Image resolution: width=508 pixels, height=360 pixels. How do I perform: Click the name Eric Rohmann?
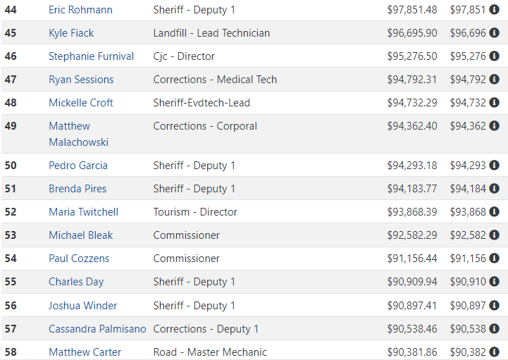pyautogui.click(x=80, y=10)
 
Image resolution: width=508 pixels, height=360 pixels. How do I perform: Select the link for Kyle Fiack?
pyautogui.click(x=71, y=33)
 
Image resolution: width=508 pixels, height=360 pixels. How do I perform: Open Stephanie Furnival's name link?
pyautogui.click(x=92, y=56)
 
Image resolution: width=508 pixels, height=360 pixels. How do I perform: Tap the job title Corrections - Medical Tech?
pyautogui.click(x=215, y=80)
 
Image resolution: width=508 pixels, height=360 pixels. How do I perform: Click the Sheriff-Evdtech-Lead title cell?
pyautogui.click(x=202, y=103)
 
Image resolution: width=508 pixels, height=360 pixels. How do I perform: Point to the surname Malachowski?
pyautogui.click(x=79, y=142)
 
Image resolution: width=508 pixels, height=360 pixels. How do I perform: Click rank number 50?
pyautogui.click(x=11, y=166)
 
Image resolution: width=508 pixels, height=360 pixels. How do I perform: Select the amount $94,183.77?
pyautogui.click(x=412, y=189)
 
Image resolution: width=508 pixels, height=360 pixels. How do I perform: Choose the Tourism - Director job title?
pyautogui.click(x=195, y=212)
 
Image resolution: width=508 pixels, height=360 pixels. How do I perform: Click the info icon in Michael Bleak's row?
pyautogui.click(x=494, y=235)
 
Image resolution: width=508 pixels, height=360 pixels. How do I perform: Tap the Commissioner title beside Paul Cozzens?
pyautogui.click(x=187, y=259)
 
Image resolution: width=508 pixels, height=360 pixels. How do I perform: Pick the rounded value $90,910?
pyautogui.click(x=468, y=282)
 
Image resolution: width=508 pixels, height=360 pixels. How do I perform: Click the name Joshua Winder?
pyautogui.click(x=83, y=306)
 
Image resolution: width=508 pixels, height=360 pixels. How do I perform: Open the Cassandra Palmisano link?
pyautogui.click(x=97, y=329)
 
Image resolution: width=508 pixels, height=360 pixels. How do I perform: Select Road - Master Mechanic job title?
pyautogui.click(x=210, y=352)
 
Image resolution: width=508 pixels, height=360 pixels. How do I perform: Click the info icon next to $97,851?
pyautogui.click(x=494, y=9)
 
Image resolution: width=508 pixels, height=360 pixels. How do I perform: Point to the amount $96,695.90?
pyautogui.click(x=412, y=33)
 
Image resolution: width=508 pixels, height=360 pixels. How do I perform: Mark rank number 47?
pyautogui.click(x=11, y=80)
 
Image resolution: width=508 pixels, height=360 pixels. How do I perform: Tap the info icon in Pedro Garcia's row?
pyautogui.click(x=494, y=166)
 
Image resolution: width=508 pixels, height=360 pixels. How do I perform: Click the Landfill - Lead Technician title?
pyautogui.click(x=211, y=33)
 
